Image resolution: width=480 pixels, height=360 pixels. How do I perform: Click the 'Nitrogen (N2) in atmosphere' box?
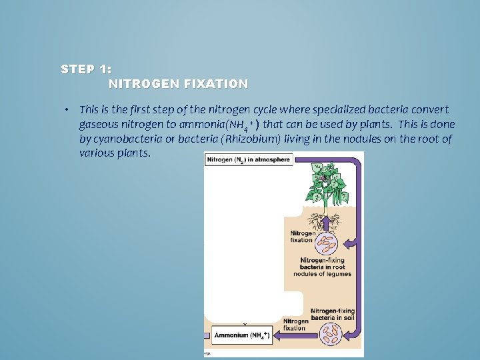pyautogui.click(x=249, y=161)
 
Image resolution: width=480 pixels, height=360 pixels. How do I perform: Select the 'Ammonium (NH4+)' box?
pyautogui.click(x=240, y=337)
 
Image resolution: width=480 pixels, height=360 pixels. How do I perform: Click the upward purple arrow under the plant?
pyautogui.click(x=326, y=223)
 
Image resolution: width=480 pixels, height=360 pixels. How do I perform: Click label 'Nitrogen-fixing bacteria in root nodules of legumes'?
pyautogui.click(x=326, y=267)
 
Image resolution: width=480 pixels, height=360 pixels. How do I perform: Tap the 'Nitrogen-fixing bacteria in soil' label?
pyautogui.click(x=333, y=314)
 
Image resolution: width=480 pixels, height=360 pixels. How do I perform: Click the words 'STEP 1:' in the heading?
pyautogui.click(x=86, y=69)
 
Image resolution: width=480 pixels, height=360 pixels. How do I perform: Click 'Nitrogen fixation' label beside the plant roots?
pyautogui.click(x=301, y=237)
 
